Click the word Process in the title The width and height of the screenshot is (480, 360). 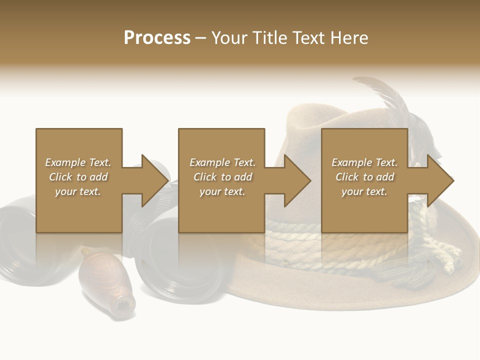[x=157, y=37]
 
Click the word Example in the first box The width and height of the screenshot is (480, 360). [x=65, y=162]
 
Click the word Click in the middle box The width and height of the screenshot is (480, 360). [x=204, y=177]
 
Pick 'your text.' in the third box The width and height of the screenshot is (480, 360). [x=364, y=191]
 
